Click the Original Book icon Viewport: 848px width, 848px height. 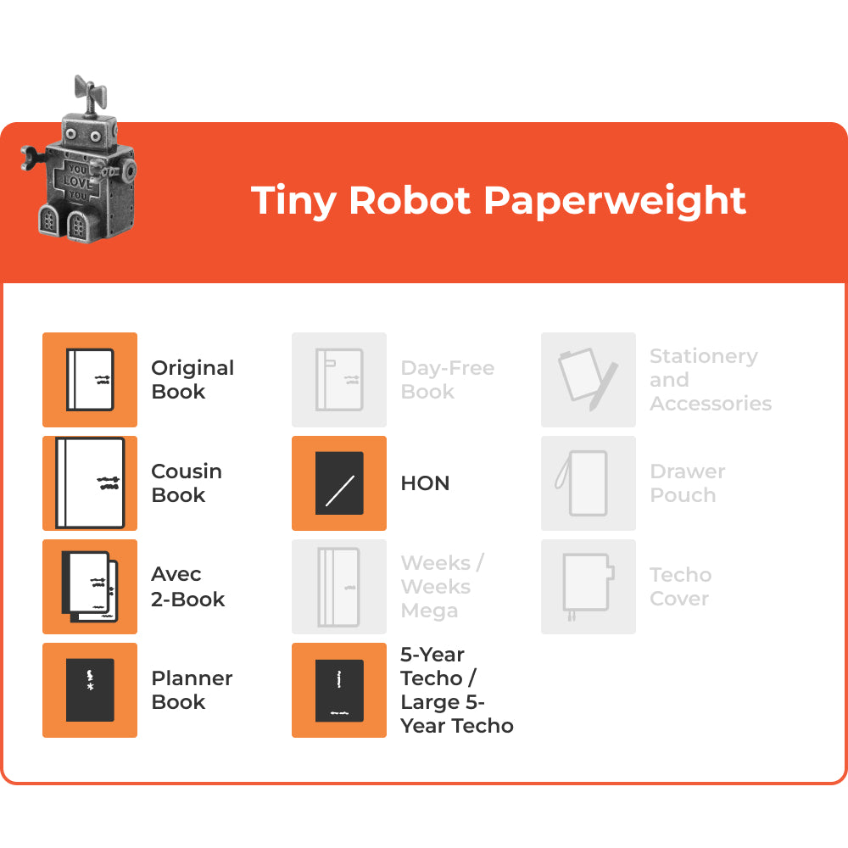pyautogui.click(x=90, y=380)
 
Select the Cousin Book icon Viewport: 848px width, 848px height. pyautogui.click(x=90, y=483)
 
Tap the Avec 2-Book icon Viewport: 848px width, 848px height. pyautogui.click(x=90, y=587)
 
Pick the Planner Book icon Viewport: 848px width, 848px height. pyautogui.click(x=90, y=690)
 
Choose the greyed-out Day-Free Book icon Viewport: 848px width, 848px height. pyautogui.click(x=339, y=380)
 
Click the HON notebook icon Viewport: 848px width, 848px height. pyautogui.click(x=339, y=483)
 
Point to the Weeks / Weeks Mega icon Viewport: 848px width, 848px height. pyautogui.click(x=339, y=587)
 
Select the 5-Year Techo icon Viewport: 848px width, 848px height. pyautogui.click(x=339, y=690)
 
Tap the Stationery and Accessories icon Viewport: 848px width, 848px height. pyautogui.click(x=589, y=380)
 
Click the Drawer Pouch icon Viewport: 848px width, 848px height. pyautogui.click(x=589, y=483)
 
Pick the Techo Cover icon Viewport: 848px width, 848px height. pyautogui.click(x=589, y=587)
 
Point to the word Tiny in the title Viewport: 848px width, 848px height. pyautogui.click(x=295, y=200)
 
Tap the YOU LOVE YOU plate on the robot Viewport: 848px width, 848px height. pyautogui.click(x=78, y=181)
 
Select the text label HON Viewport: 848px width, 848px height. pyautogui.click(x=425, y=483)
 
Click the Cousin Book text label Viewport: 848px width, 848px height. pyautogui.click(x=187, y=483)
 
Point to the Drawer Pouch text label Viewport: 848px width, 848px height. pyautogui.click(x=687, y=483)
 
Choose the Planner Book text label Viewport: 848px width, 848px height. pyautogui.click(x=192, y=690)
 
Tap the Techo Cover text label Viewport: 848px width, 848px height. pyautogui.click(x=680, y=587)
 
